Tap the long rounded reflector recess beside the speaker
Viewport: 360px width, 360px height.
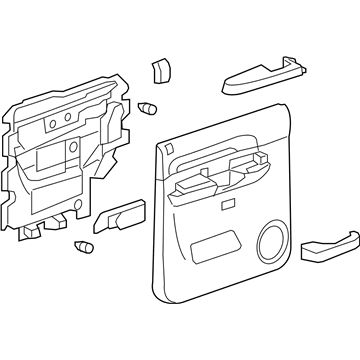(213, 242)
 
